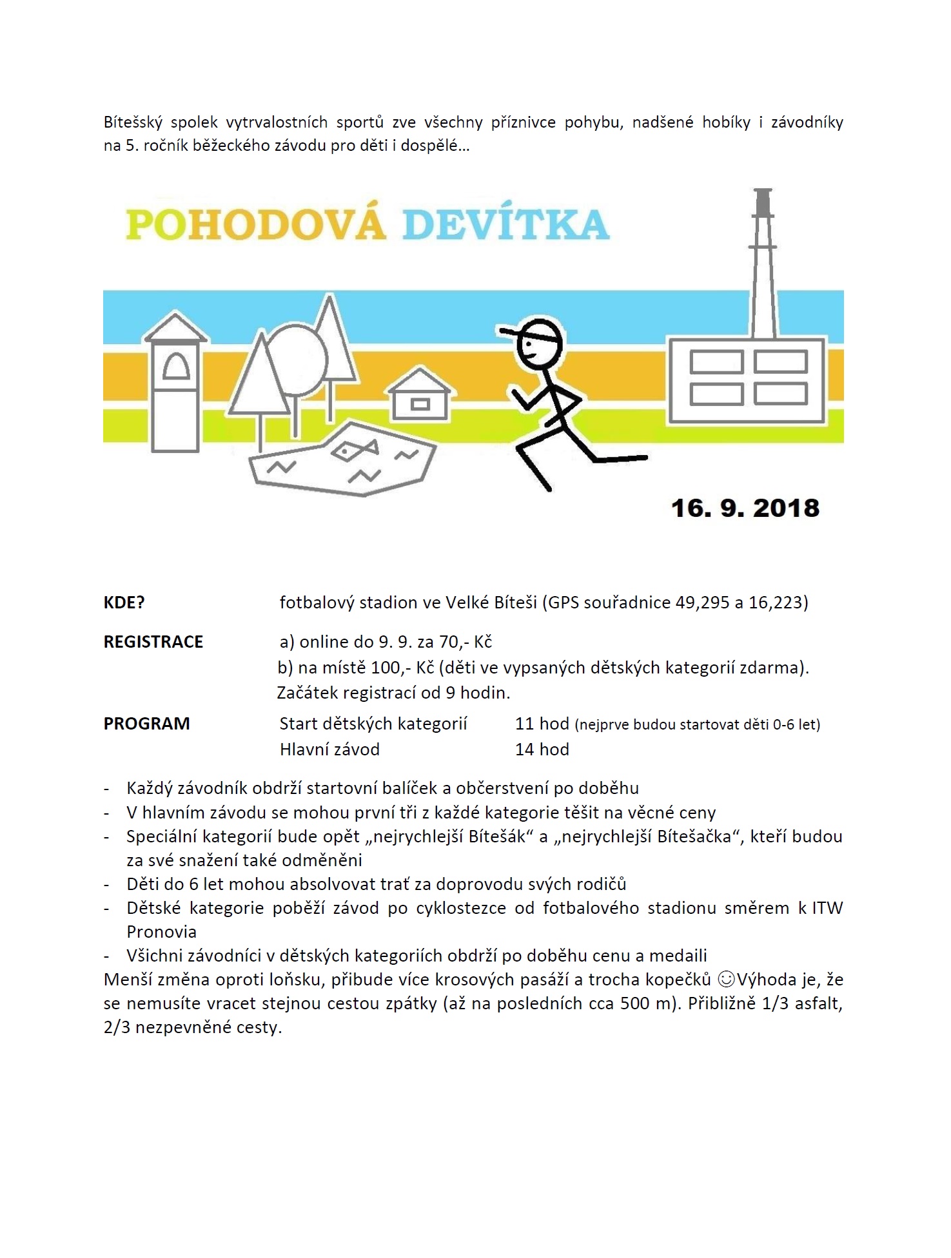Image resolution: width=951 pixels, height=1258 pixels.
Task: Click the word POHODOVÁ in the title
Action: [x=255, y=224]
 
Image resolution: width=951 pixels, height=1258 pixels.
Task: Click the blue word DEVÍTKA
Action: [x=506, y=224]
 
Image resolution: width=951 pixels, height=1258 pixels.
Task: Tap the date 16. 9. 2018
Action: [x=745, y=508]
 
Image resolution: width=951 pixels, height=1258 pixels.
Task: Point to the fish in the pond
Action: [x=354, y=449]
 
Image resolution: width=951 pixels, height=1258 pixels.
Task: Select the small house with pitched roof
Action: [x=419, y=394]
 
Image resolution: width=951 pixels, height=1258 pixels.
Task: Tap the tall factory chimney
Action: [x=763, y=264]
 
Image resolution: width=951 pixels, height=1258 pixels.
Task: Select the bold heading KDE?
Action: [x=124, y=603]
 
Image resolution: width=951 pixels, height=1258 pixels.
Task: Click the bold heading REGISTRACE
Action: [x=153, y=642]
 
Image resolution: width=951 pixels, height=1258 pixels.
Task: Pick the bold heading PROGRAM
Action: [x=147, y=724]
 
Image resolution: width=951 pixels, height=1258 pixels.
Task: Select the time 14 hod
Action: [x=542, y=750]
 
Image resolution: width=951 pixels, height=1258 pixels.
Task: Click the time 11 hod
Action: [x=542, y=724]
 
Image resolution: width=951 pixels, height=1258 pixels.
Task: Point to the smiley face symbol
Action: [x=726, y=980]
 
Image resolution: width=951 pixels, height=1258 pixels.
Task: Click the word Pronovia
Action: [x=161, y=932]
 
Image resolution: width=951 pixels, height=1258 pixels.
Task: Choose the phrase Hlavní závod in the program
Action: [x=329, y=750]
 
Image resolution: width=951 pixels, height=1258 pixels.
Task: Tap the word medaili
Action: [x=678, y=956]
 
